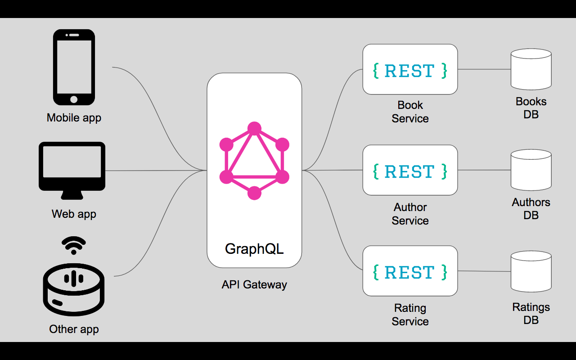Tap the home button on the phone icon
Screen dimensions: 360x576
[x=74, y=99]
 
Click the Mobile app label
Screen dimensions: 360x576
[x=74, y=118]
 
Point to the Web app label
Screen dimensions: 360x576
[x=74, y=214]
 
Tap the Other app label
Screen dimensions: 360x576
[x=74, y=329]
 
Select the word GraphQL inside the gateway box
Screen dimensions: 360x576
[x=254, y=249]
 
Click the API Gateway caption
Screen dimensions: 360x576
[x=254, y=284]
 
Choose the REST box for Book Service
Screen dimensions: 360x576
[x=410, y=69]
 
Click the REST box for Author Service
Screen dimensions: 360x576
[x=410, y=170]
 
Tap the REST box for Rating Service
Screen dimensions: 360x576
[x=410, y=271]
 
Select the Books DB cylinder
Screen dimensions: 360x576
[x=531, y=70]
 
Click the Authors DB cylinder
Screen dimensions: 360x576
[x=531, y=170]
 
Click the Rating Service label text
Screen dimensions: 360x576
[x=410, y=315]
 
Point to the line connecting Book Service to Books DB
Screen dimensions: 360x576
[x=484, y=69]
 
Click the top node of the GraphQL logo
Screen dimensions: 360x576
[x=254, y=129]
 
